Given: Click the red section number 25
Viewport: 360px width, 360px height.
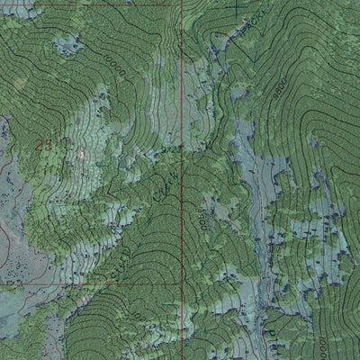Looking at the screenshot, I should coord(43,144).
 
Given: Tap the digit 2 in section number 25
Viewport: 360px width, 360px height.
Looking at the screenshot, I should coord(39,144).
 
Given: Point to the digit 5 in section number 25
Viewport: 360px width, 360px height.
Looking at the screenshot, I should coord(48,144).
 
